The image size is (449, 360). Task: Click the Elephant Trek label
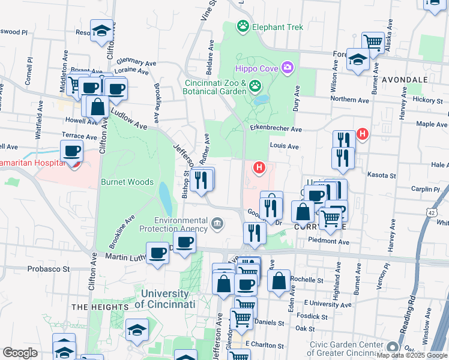(277, 27)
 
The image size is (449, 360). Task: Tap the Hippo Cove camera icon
(288, 67)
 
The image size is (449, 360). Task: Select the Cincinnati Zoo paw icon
(256, 86)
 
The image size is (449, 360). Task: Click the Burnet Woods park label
(127, 182)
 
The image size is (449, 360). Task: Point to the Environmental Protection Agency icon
(217, 225)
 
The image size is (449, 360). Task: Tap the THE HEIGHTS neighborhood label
(100, 307)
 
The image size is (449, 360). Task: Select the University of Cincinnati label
(165, 299)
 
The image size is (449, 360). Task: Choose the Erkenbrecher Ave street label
(277, 129)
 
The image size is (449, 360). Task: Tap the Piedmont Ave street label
(328, 242)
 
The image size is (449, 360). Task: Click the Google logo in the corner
(20, 353)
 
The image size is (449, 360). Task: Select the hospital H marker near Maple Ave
(363, 134)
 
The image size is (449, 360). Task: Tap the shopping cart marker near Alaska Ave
(373, 42)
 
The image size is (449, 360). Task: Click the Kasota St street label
(384, 176)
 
